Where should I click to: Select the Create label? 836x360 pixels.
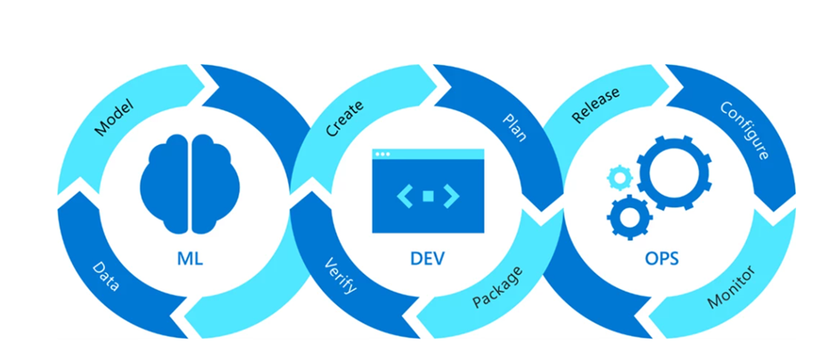point(344,118)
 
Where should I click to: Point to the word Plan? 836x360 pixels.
point(514,122)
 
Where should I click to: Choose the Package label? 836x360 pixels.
point(496,286)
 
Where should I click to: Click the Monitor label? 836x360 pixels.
point(731,286)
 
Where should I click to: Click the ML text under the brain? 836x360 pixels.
point(192,260)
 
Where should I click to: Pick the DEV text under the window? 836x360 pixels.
point(427,260)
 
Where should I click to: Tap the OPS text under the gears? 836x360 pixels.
point(663,260)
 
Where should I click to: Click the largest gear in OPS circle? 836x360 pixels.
point(673,172)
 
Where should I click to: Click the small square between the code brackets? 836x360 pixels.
point(427,194)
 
